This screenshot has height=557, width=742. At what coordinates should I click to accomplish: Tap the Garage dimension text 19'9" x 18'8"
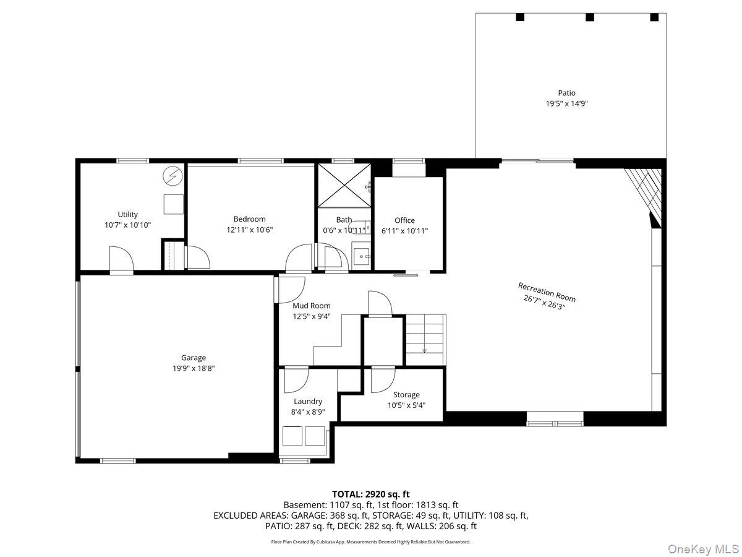194,368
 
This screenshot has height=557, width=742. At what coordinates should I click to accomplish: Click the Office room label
404,220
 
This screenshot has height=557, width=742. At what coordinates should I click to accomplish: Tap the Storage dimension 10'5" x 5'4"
406,405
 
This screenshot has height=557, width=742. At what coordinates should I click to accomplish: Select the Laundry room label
308,401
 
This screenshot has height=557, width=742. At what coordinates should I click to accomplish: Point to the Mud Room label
312,305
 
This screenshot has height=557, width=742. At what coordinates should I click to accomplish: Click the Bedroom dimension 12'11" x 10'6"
249,229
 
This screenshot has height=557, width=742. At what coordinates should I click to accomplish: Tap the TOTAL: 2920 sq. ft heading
371,494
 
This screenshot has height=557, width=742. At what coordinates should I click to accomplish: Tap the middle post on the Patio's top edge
590,17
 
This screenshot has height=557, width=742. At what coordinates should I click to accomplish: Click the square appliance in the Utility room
174,204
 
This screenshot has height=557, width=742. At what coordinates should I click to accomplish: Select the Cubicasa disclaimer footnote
371,542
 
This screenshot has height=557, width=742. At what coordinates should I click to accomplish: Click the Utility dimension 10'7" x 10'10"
128,225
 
